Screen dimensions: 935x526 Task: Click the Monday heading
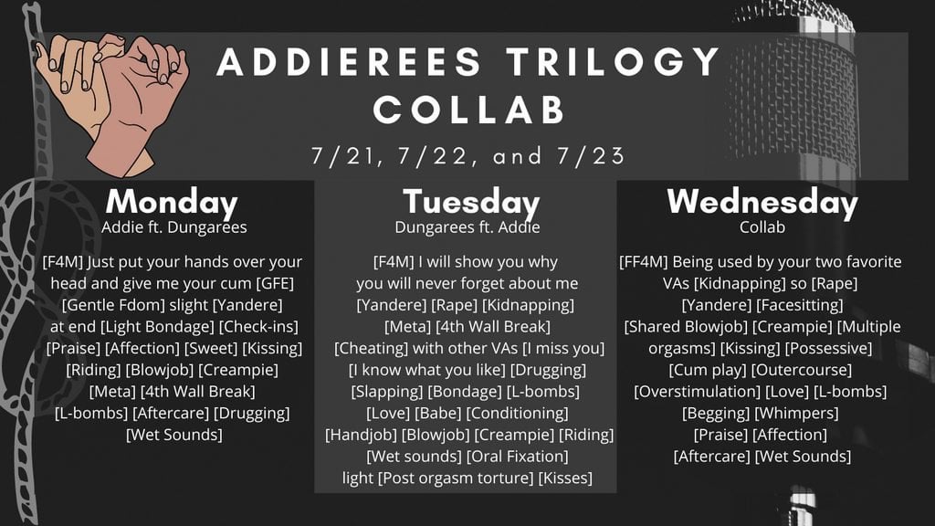172,203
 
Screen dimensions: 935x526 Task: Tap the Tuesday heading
471,203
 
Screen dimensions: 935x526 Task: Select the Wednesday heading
762,203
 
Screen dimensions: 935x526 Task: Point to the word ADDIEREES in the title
349,61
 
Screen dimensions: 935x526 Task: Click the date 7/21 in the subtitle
344,155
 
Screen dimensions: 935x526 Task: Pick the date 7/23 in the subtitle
591,155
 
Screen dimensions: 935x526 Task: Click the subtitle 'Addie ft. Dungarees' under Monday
174,227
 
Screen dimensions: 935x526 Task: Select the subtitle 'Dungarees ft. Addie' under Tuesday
467,227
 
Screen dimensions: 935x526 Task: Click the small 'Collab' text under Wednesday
762,227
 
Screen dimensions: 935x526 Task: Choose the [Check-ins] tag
258,327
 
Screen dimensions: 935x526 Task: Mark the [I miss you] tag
563,348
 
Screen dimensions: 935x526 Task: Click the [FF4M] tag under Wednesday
644,262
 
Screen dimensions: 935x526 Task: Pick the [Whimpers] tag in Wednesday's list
796,414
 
